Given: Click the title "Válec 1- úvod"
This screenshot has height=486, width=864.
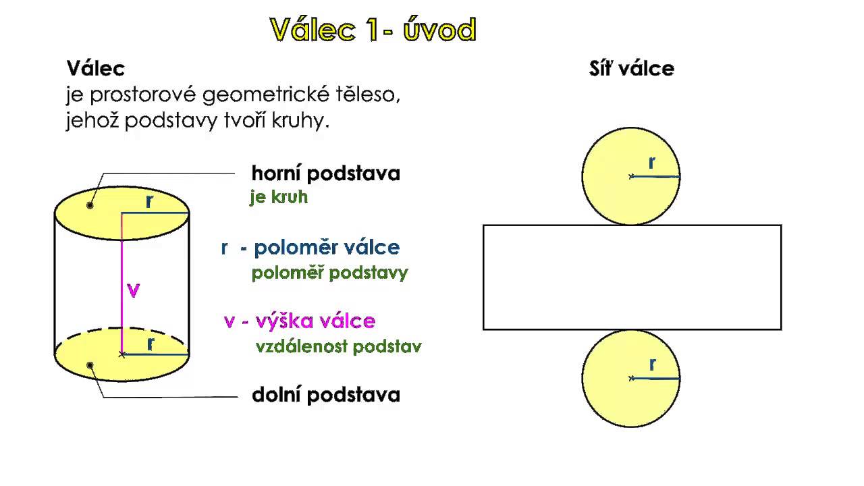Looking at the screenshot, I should point(373,30).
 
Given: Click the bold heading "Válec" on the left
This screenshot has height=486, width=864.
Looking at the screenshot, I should point(96,68).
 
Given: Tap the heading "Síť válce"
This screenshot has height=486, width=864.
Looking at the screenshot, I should point(631,68).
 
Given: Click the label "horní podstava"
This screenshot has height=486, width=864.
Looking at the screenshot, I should point(326,173).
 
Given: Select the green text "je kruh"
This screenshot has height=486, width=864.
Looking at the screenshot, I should point(279,198).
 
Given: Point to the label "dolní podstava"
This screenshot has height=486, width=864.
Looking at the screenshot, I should point(326,395).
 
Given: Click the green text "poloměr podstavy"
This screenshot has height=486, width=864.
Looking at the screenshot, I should point(329,273).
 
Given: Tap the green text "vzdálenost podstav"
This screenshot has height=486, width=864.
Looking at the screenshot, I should point(338,347).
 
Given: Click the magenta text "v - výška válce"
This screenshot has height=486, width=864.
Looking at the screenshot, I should point(300,321).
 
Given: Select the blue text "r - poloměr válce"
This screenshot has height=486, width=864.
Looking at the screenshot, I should point(310,248).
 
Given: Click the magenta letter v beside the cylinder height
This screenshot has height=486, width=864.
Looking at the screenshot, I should point(134,290).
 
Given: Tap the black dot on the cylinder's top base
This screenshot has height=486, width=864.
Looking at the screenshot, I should point(90,205).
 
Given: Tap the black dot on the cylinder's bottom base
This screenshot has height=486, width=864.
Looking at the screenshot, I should point(90,365).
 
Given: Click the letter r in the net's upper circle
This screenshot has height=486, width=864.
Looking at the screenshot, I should point(652,163).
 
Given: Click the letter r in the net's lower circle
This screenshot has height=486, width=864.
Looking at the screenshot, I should point(653,365).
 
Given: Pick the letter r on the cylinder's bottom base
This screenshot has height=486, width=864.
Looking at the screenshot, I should point(151,344).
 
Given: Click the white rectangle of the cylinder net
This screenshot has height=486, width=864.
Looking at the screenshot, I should point(632,277).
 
